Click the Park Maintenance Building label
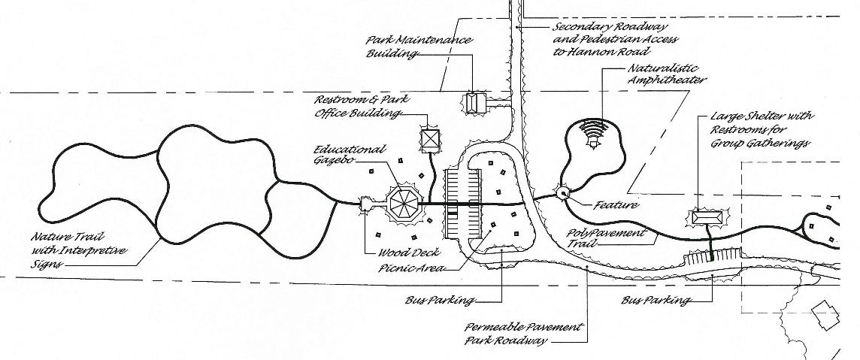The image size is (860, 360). tap(419, 47)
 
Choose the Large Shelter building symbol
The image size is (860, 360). tap(706, 217)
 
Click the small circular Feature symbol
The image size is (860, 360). tap(561, 192)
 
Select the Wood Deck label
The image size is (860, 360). tap(404, 253)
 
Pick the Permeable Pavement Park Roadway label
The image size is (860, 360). tap(523, 334)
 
